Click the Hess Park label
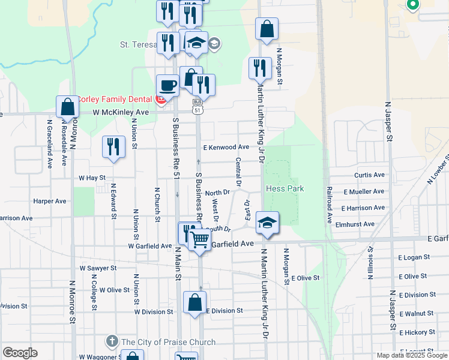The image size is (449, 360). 286,188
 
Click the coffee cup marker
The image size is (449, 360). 167,85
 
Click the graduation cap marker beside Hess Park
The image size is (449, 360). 267,223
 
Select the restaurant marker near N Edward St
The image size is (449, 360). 113,147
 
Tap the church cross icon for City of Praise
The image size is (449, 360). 112,342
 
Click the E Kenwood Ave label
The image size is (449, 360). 226,147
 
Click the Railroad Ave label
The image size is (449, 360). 330,205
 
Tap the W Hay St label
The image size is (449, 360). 92,178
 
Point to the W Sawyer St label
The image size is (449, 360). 98,268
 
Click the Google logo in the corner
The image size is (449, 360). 20,353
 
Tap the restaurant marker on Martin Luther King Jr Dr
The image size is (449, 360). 259,68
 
